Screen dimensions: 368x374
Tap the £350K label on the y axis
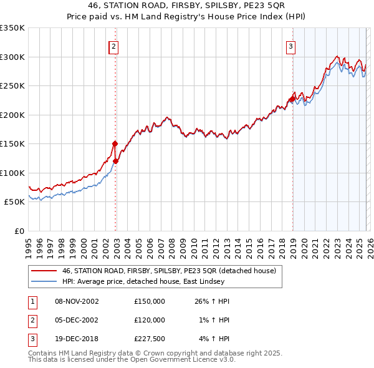point(12,28)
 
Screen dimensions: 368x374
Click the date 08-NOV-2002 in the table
point(77,301)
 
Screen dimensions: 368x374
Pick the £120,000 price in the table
point(149,320)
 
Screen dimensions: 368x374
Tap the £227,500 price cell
point(149,339)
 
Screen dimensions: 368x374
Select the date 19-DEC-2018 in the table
point(77,339)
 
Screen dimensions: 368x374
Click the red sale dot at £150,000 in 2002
point(115,143)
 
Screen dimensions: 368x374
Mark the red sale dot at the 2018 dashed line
point(292,99)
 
